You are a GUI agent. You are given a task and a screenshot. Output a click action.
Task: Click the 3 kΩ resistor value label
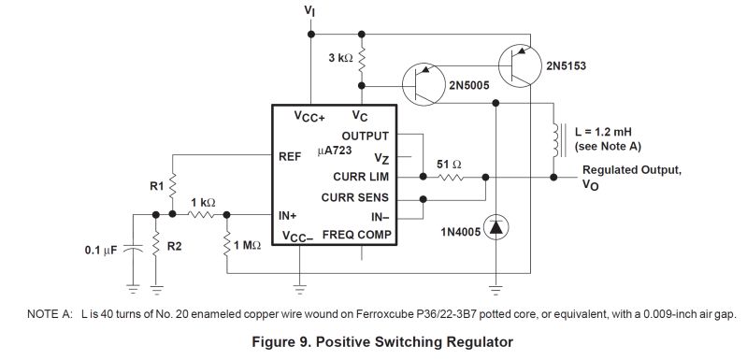pos(338,58)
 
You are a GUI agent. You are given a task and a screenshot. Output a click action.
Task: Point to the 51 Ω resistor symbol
pos(453,176)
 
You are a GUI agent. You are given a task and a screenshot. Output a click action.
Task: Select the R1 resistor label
pos(156,186)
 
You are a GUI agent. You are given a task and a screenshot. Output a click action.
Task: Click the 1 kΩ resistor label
pos(204,203)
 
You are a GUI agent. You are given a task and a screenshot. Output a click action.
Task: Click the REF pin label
pos(290,156)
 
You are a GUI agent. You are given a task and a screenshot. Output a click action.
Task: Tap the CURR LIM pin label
pos(361,176)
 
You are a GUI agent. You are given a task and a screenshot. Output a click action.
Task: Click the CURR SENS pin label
pos(355,197)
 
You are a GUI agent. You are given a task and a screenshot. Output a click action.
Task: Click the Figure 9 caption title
pos(383,341)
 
